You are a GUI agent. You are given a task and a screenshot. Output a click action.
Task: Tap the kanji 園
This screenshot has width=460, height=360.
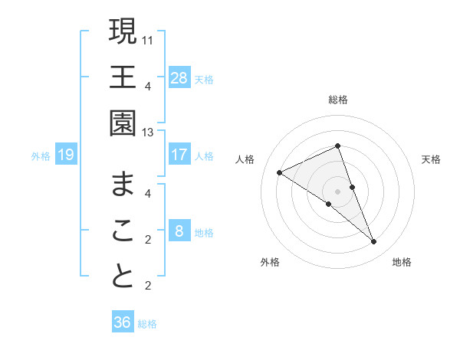tap(123, 123)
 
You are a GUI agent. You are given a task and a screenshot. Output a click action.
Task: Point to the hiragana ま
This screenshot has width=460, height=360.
tap(123, 185)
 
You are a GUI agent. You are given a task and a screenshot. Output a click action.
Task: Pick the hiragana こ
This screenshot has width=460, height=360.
tap(123, 231)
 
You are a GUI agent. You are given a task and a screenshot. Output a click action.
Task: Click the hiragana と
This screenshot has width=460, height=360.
tap(123, 277)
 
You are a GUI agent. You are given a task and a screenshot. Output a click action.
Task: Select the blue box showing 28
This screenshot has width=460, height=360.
tap(179, 77)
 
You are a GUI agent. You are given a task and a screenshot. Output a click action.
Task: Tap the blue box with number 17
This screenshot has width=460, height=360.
tap(179, 155)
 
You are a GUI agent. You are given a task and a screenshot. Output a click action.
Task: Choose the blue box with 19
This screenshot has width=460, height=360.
tap(66, 155)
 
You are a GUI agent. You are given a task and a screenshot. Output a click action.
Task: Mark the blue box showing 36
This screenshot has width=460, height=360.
tap(123, 322)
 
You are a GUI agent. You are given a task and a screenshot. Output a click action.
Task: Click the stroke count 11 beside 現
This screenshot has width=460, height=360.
tap(148, 38)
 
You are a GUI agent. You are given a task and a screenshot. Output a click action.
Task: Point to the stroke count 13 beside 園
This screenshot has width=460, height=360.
tap(148, 133)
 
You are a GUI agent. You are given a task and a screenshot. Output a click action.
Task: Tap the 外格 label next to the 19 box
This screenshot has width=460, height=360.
tap(41, 156)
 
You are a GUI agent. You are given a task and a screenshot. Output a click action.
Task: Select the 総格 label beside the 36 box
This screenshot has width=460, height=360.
tap(148, 323)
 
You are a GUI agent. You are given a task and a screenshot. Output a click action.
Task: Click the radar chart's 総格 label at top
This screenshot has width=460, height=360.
tap(338, 100)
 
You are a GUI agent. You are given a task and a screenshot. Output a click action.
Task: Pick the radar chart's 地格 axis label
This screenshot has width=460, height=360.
tap(402, 262)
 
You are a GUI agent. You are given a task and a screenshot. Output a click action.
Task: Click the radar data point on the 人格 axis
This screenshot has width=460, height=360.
tap(279, 173)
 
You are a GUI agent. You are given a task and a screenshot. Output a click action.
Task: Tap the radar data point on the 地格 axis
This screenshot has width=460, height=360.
tap(374, 242)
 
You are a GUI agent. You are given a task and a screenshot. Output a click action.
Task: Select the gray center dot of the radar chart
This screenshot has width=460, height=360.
tap(337, 191)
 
